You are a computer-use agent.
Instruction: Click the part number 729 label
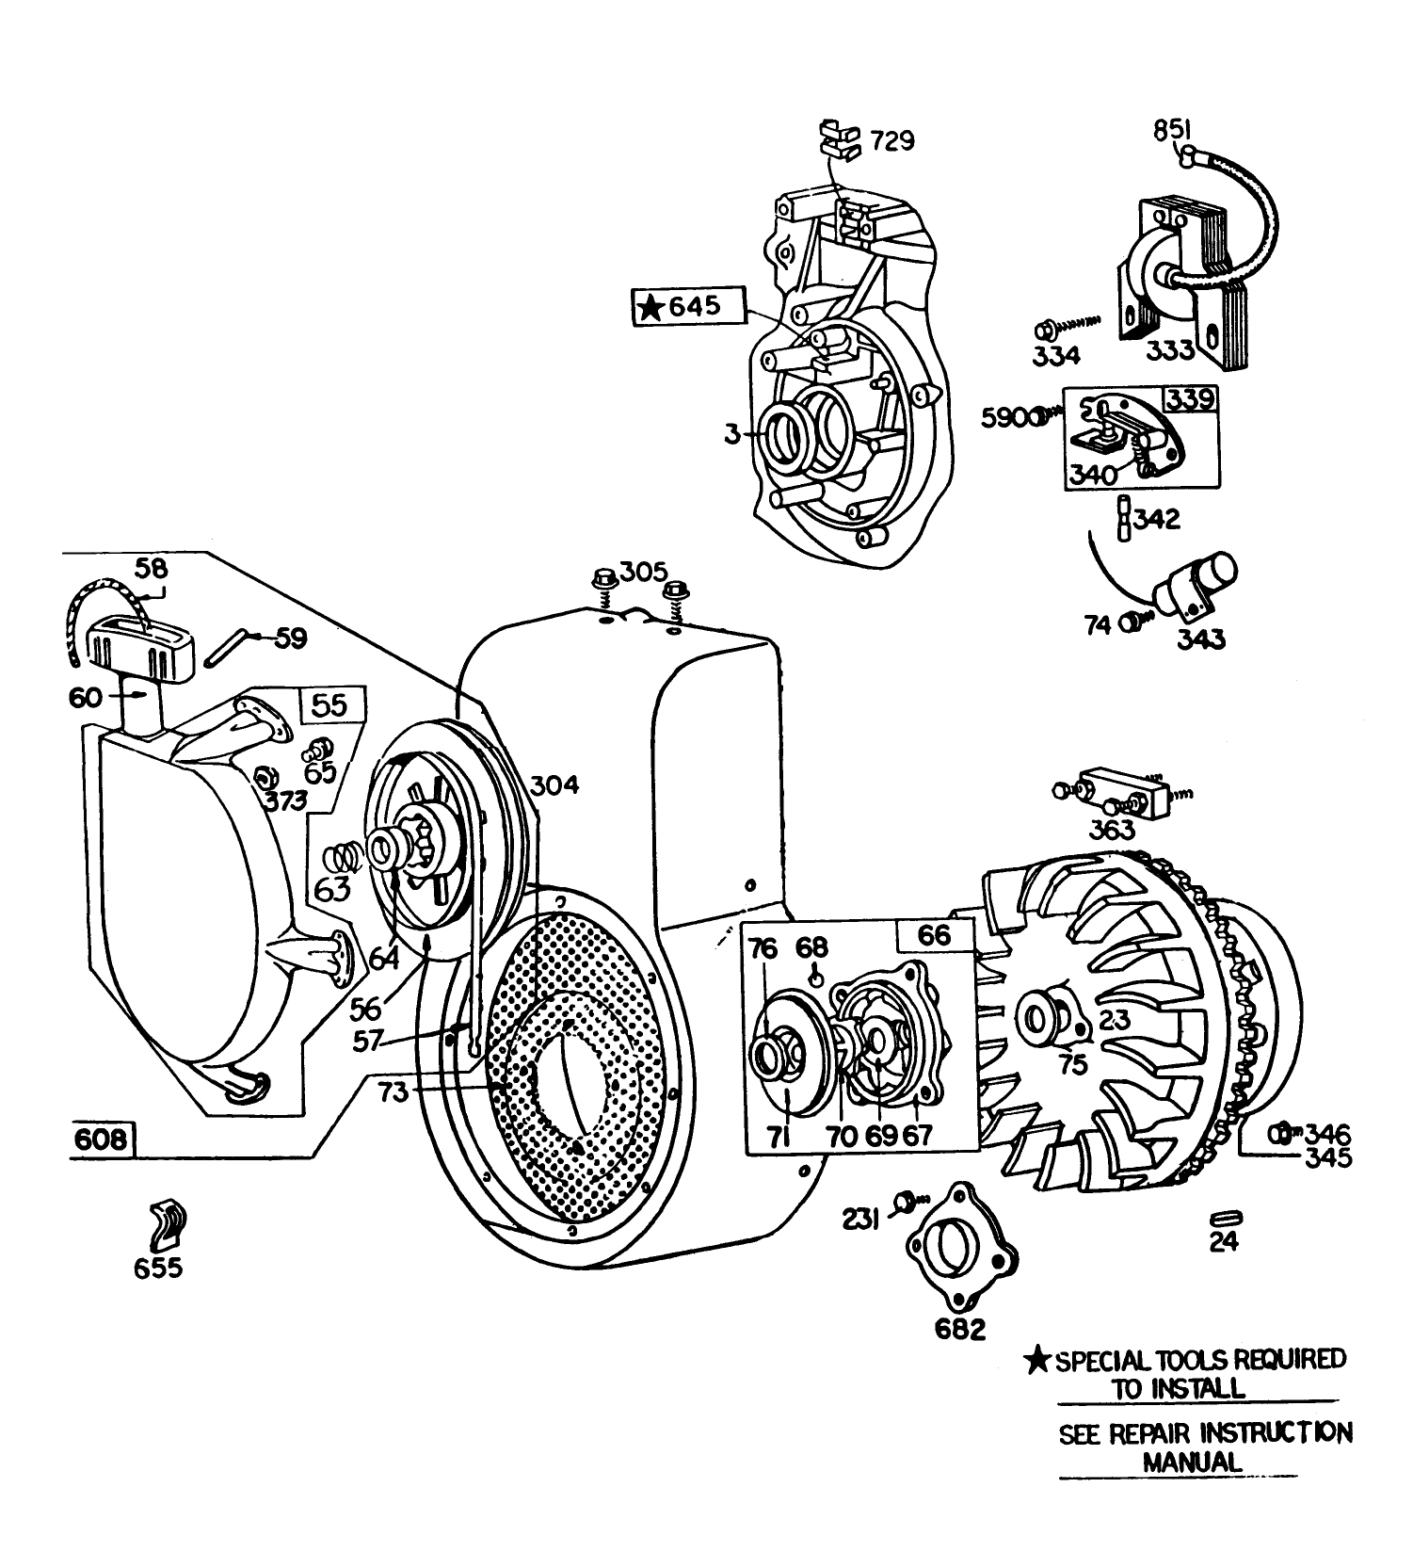point(891,140)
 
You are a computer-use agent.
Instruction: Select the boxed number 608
point(101,1139)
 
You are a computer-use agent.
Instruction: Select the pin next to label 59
point(232,644)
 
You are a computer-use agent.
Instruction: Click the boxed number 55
point(329,705)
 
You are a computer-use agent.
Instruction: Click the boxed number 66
point(933,935)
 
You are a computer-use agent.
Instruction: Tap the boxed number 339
point(1190,398)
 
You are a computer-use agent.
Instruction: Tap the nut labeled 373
point(265,777)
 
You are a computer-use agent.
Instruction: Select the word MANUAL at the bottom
point(1192,1462)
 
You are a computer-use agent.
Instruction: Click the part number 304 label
point(554,784)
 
